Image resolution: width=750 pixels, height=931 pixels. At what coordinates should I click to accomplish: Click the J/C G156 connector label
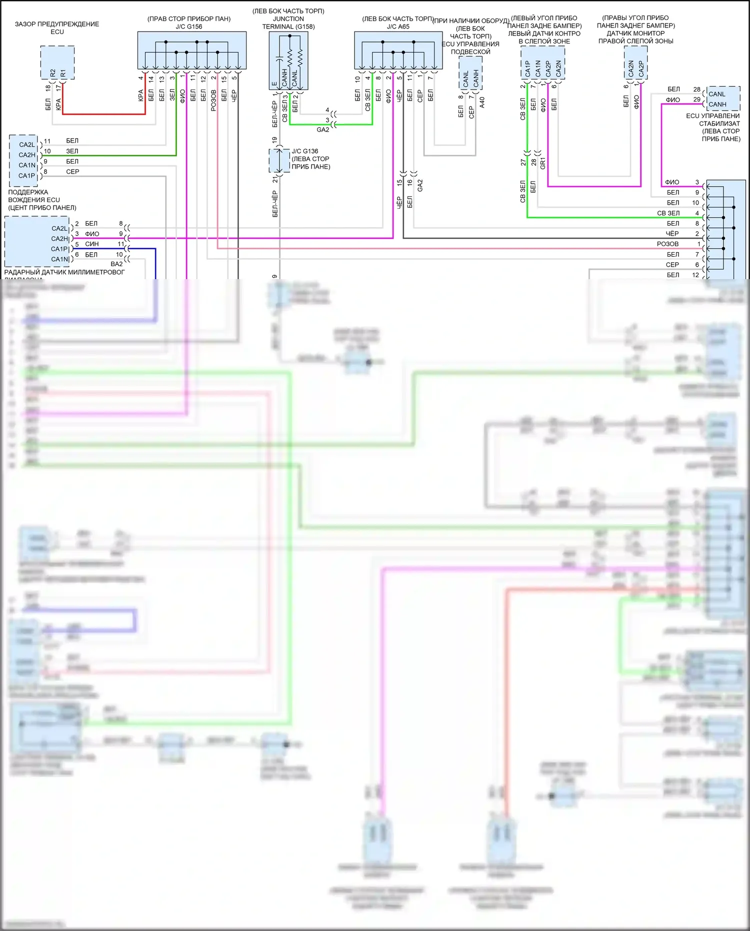tap(189, 27)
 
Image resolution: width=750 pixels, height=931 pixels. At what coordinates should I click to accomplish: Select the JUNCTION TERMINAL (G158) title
tap(288, 23)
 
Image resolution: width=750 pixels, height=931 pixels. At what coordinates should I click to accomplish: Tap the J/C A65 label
tap(398, 27)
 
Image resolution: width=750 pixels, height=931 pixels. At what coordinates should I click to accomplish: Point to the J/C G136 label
tap(304, 151)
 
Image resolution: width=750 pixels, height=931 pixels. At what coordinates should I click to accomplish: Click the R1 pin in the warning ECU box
tap(63, 73)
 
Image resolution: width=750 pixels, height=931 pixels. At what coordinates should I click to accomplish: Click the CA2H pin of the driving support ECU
tap(27, 155)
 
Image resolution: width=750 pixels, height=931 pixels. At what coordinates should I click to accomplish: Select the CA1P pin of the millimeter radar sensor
tap(59, 249)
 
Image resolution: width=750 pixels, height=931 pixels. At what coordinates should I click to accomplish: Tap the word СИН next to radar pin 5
tap(92, 244)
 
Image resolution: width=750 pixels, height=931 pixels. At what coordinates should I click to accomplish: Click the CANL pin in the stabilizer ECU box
tap(717, 94)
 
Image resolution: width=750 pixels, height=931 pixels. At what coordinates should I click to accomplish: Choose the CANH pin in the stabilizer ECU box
tap(717, 104)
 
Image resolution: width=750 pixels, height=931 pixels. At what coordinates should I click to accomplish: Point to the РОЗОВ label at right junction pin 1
tap(667, 244)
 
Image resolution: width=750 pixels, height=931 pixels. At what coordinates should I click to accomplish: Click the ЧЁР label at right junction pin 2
tap(672, 234)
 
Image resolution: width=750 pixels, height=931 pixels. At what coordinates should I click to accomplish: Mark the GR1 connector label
tap(543, 163)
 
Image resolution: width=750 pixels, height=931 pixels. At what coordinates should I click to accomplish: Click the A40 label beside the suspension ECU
tap(482, 103)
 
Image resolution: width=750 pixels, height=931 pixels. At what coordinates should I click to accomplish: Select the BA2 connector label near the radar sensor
tap(116, 264)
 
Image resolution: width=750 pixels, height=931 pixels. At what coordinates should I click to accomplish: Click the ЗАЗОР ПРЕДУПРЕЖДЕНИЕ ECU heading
tap(57, 28)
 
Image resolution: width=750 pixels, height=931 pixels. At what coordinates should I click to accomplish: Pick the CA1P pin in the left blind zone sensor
tap(527, 69)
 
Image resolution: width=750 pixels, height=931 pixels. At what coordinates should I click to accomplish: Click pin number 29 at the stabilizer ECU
tap(696, 100)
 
